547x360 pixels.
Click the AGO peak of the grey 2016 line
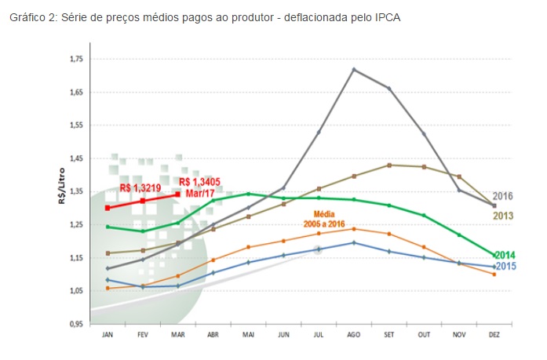[x=354, y=70]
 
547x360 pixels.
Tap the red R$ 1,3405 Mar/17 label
[x=200, y=187]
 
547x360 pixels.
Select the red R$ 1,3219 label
[x=142, y=189]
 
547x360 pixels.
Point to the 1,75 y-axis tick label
[x=75, y=60]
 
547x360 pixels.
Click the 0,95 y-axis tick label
[x=75, y=324]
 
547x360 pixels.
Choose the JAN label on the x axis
[x=108, y=334]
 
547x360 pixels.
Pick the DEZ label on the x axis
[x=494, y=334]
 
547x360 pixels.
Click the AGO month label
[x=354, y=334]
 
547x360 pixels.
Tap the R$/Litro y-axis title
[x=61, y=192]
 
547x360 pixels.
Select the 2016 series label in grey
[x=503, y=196]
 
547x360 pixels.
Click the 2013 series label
[x=503, y=216]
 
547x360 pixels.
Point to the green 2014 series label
[x=505, y=255]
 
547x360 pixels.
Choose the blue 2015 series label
[x=505, y=267]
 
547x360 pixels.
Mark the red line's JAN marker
[x=108, y=208]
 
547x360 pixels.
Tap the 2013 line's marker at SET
[x=388, y=165]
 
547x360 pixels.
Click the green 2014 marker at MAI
[x=249, y=194]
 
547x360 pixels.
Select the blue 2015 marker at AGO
[x=354, y=242]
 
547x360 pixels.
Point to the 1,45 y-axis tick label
[x=75, y=159]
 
